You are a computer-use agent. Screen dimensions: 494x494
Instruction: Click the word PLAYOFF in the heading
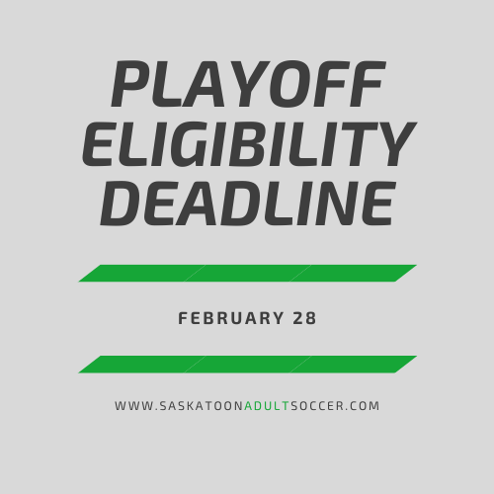click(249, 84)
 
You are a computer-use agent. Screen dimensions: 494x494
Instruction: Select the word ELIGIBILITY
click(249, 144)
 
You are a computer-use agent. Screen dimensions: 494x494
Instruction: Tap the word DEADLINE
click(247, 204)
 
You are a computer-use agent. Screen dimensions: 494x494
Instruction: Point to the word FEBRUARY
click(230, 318)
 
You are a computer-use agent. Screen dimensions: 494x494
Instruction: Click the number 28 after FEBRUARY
click(304, 318)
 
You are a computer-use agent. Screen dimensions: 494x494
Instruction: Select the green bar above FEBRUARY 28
click(248, 273)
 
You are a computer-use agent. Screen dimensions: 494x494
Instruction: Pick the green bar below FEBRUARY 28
click(248, 365)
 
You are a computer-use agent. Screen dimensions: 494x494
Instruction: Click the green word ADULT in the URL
click(267, 406)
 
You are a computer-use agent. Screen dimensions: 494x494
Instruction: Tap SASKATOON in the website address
click(202, 406)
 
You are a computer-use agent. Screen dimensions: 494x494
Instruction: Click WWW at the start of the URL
click(134, 406)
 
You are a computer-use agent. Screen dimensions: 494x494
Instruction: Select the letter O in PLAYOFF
click(290, 84)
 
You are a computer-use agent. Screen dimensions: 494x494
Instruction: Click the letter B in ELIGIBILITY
click(249, 144)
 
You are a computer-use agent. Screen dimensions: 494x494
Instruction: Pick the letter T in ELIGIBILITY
click(355, 144)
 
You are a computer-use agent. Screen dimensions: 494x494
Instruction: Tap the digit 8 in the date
click(311, 318)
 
